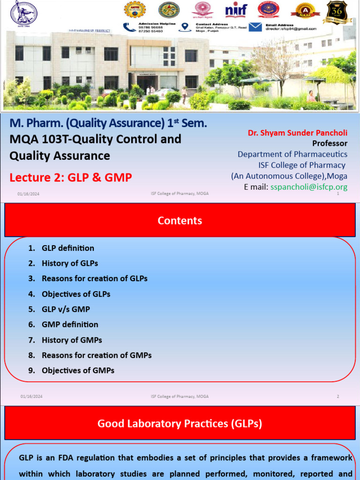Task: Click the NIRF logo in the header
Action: point(236,10)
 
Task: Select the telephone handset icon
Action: point(129,27)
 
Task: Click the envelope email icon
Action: point(255,27)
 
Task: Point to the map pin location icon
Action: point(185,27)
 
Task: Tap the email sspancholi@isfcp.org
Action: point(309,187)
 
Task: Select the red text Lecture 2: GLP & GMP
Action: point(71,177)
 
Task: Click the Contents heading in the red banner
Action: point(180,221)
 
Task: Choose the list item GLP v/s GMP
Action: point(66,309)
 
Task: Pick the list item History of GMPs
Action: point(72,340)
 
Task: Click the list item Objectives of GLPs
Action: point(76,294)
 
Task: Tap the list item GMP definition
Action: point(70,324)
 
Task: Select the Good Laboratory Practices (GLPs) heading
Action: point(180,424)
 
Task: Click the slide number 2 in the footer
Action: point(337,397)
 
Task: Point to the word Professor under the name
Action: point(330,143)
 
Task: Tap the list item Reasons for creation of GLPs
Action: point(94,278)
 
